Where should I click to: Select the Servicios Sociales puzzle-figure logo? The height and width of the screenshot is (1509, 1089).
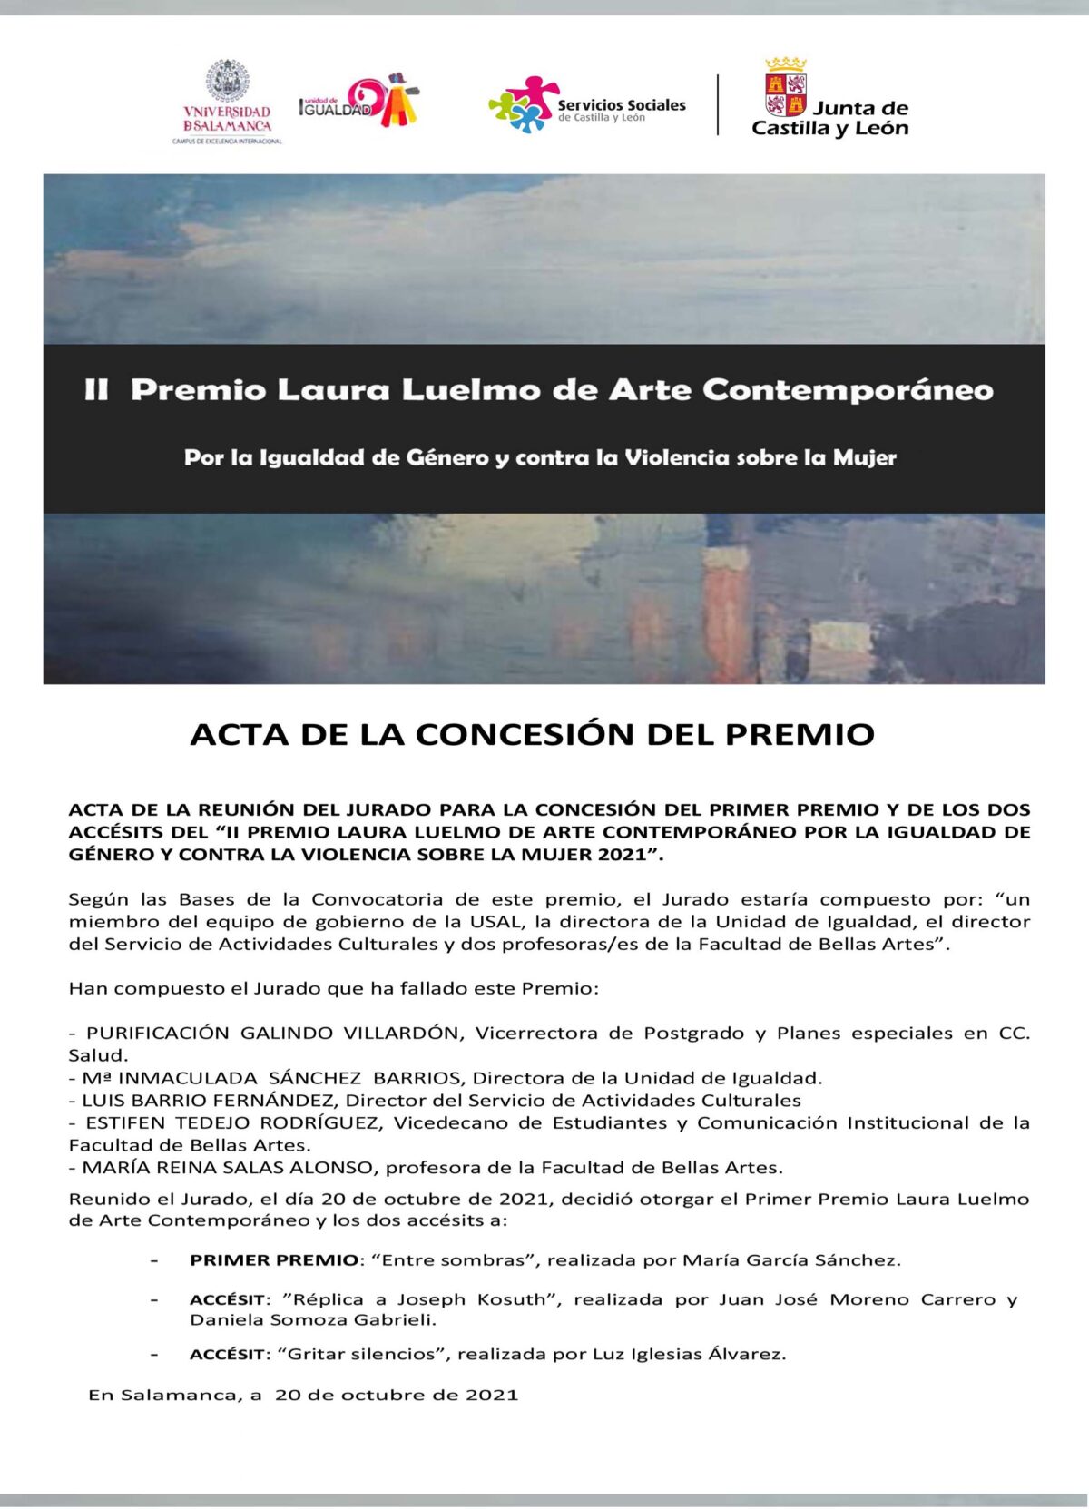point(525,104)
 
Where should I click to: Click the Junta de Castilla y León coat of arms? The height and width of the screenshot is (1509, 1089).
point(786,88)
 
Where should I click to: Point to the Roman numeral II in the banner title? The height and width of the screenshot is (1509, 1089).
point(96,390)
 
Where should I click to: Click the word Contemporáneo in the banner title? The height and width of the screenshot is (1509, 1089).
point(848,390)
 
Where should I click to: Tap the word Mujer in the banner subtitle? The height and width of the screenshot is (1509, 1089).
point(865,457)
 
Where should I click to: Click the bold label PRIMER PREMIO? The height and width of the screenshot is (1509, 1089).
point(274,1259)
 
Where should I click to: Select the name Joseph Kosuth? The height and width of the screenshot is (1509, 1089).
point(472,1299)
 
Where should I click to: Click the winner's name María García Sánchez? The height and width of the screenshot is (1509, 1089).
point(790,1259)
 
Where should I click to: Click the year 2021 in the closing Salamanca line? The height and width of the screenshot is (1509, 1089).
point(492,1395)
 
